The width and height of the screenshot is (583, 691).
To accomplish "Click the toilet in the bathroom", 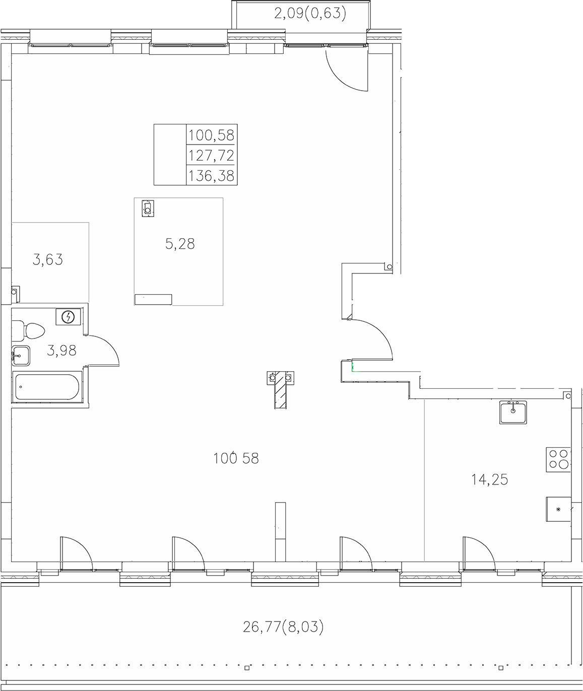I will point(29,330).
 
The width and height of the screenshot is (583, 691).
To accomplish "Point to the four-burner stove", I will point(558,459).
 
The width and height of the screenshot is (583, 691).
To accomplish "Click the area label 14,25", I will point(489,480).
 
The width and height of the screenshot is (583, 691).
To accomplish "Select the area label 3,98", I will point(61,350).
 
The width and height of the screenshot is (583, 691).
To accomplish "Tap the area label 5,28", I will point(180,244).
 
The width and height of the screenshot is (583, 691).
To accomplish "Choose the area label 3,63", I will point(47,260).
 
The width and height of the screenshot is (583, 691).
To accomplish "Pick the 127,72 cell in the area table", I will point(211,155).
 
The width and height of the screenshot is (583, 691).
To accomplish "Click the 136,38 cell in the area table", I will point(211,175).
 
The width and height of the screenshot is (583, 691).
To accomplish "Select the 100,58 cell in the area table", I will point(211,134).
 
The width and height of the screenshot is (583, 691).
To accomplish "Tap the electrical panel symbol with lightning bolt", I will point(68,317).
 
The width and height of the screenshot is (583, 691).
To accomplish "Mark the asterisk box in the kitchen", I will point(558,509).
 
